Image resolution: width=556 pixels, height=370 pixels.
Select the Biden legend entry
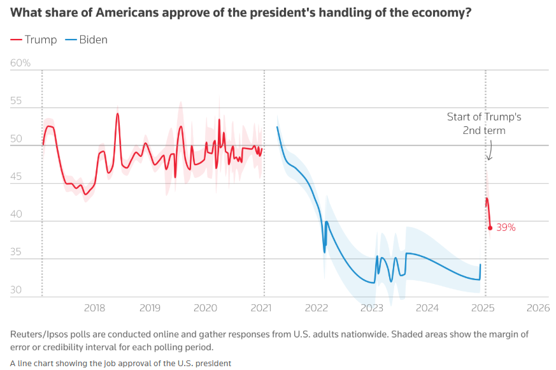[86, 40]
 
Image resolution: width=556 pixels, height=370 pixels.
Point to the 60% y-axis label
[20, 63]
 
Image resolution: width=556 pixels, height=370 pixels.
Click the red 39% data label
[506, 227]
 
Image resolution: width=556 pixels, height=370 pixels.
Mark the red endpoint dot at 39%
[490, 228]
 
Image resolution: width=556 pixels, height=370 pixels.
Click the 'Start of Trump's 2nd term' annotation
[484, 124]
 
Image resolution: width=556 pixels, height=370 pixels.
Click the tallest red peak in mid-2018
[117, 114]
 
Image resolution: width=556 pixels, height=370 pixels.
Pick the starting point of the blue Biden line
[277, 127]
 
